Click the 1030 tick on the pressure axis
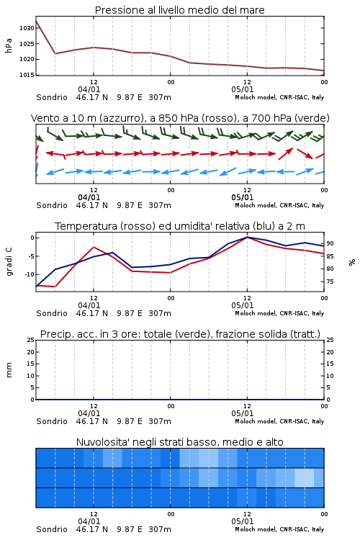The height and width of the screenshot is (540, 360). pyautogui.click(x=27, y=28)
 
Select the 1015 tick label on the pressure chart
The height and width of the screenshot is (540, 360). pyautogui.click(x=27, y=75)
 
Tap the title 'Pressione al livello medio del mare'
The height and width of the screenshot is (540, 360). pyautogui.click(x=179, y=10)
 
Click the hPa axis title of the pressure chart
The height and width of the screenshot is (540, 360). pyautogui.click(x=9, y=45)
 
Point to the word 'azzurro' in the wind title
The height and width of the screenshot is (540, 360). pyautogui.click(x=120, y=118)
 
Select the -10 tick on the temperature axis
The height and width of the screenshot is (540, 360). pyautogui.click(x=30, y=274)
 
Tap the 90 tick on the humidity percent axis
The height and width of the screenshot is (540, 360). pyautogui.click(x=330, y=243)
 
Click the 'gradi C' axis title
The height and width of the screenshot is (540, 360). pyautogui.click(x=9, y=261)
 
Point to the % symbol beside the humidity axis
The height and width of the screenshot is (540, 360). pyautogui.click(x=352, y=262)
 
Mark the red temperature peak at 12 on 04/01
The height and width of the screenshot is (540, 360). pyautogui.click(x=94, y=247)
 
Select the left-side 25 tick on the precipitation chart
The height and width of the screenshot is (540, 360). pyautogui.click(x=31, y=340)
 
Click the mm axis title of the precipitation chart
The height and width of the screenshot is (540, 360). pyautogui.click(x=9, y=370)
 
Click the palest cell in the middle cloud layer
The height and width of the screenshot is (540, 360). pyautogui.click(x=305, y=477)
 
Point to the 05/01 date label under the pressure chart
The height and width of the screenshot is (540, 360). pyautogui.click(x=242, y=89)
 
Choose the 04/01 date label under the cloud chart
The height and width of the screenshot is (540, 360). pyautogui.click(x=89, y=521)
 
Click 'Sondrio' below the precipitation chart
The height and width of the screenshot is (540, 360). pyautogui.click(x=52, y=421)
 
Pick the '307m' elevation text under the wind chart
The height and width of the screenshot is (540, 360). pyautogui.click(x=160, y=205)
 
